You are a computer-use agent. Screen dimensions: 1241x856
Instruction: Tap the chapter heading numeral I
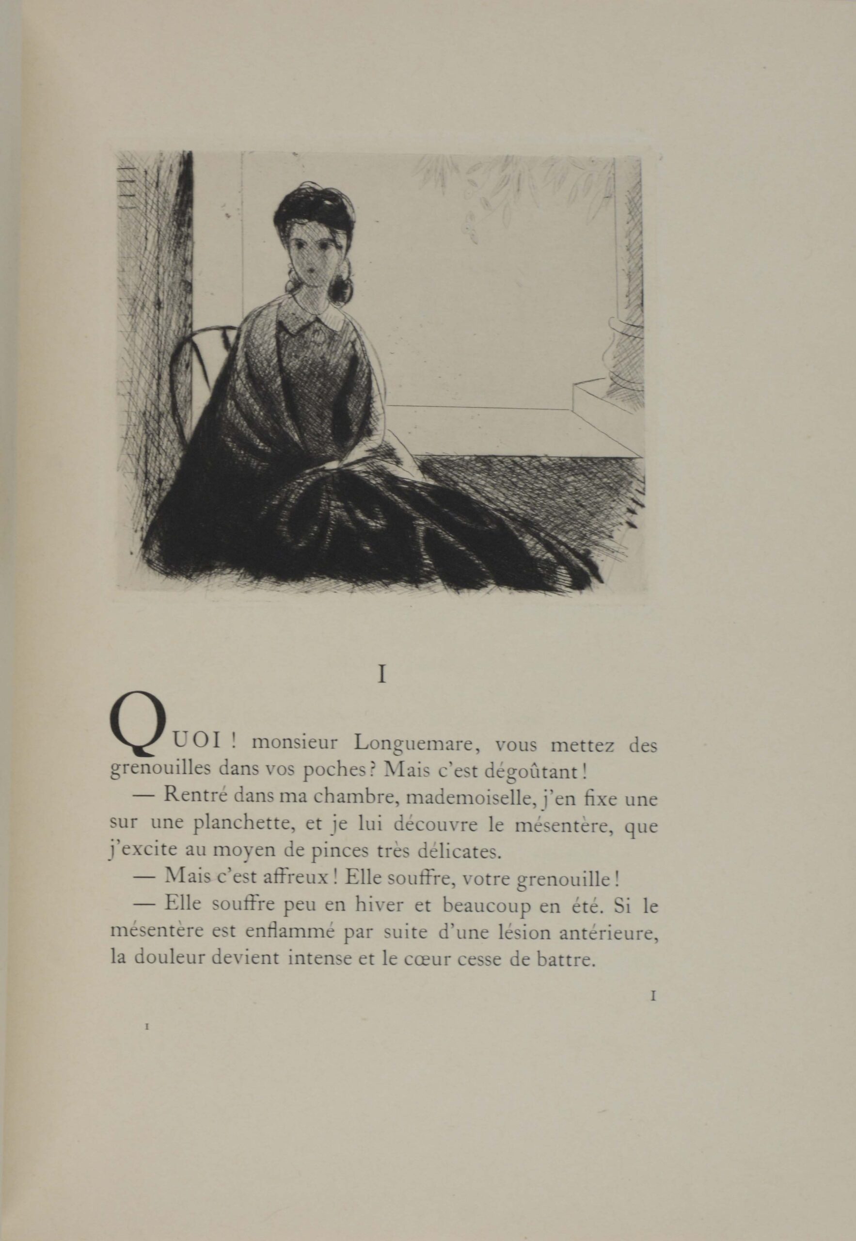click(382, 675)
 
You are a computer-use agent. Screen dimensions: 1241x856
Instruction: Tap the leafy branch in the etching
click(509, 188)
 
